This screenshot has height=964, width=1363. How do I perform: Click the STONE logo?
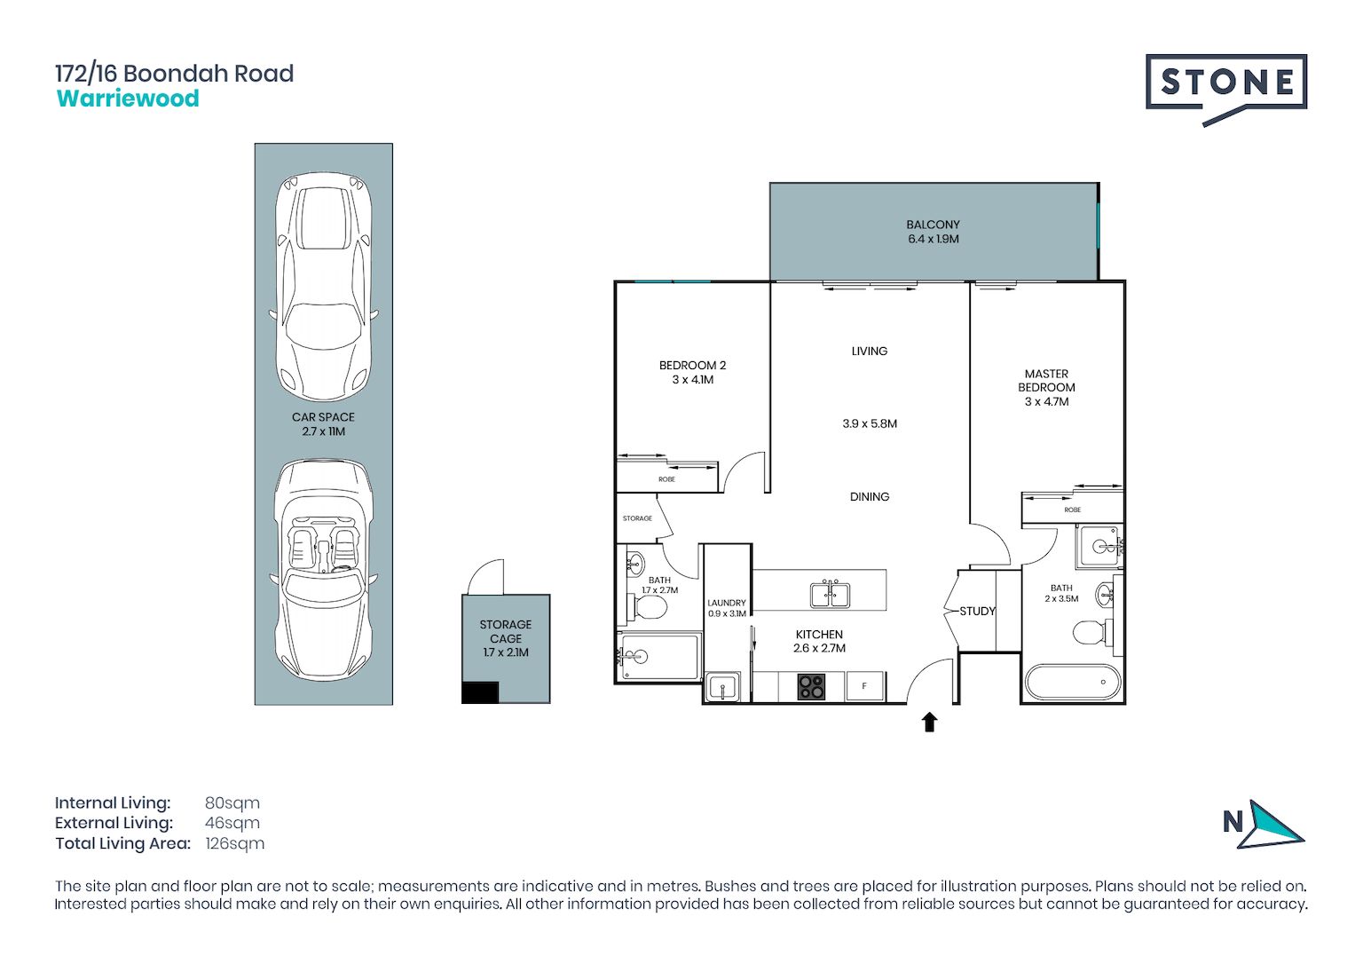(1226, 90)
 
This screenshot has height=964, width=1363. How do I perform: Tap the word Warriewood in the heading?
(128, 99)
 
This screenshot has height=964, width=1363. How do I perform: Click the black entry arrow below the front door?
(929, 723)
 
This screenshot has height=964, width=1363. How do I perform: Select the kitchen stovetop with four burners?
(811, 687)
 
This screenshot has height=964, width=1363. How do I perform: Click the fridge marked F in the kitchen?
(864, 686)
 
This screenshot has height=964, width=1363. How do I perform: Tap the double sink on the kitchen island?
(830, 594)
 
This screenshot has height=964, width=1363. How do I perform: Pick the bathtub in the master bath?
(1072, 683)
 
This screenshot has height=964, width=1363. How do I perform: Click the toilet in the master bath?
(1093, 632)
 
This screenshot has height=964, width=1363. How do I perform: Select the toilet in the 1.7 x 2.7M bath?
(645, 607)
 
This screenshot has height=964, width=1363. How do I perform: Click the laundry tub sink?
(722, 688)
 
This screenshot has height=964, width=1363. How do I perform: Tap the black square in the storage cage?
(480, 692)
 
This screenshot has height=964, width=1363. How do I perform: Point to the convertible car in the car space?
(324, 570)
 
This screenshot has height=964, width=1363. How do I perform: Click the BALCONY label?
(933, 225)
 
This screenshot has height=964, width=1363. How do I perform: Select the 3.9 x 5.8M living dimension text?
(870, 423)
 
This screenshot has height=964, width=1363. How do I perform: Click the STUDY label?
(977, 611)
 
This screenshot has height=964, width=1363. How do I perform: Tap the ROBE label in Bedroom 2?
(666, 479)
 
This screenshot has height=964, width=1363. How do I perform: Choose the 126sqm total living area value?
(235, 843)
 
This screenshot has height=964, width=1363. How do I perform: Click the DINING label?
(870, 496)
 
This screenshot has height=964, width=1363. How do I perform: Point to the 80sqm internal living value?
(232, 802)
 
